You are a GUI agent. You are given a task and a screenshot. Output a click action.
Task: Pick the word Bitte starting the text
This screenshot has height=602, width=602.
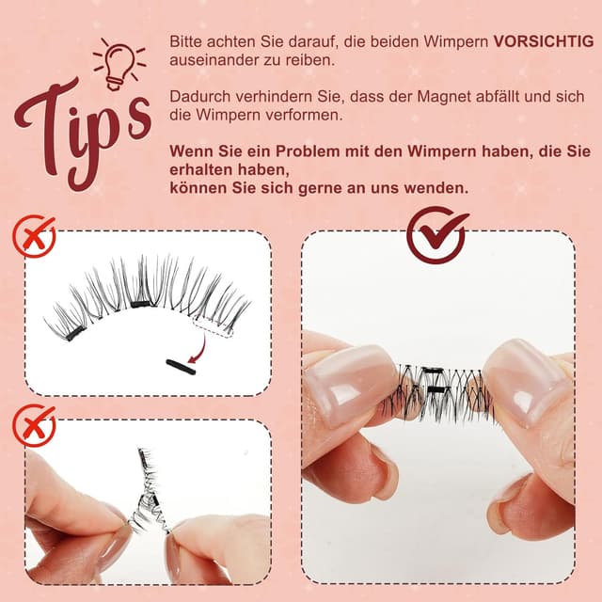click(x=185, y=42)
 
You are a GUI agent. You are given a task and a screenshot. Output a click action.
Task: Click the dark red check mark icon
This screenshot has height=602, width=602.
click(x=437, y=234)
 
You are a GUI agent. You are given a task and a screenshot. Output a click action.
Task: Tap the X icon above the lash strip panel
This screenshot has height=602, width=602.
click(x=34, y=236)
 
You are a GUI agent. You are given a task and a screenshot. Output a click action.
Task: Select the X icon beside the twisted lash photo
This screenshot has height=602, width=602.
click(x=34, y=425)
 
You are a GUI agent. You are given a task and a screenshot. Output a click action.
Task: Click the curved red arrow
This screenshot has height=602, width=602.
click(x=197, y=350)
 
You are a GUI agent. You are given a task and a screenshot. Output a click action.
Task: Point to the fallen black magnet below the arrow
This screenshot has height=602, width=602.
click(x=180, y=367)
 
